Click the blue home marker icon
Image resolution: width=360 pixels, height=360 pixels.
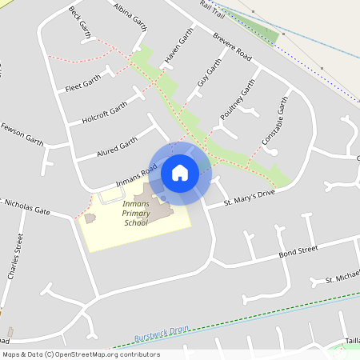180,173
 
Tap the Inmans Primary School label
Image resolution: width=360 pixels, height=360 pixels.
135,214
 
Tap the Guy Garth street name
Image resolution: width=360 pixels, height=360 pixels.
208,73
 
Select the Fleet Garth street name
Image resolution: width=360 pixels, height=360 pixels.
82,82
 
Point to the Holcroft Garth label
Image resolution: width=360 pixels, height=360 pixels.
104,113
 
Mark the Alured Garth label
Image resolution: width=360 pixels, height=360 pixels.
118,146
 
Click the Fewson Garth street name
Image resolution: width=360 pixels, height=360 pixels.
22,133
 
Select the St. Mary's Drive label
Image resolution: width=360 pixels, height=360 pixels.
249,194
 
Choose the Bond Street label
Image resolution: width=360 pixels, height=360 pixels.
298,252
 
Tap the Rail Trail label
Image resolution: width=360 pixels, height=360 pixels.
212,7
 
